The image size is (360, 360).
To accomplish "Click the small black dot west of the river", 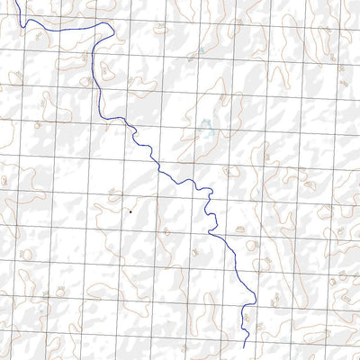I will pos(130,211).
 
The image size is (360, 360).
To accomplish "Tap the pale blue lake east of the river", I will pos(206,130).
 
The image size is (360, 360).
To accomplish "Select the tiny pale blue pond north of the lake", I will pos(201,50).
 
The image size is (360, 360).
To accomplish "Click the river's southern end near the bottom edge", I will pos(246,346).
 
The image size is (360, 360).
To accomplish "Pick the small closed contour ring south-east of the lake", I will pos(230,170).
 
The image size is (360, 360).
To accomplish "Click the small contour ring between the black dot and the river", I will pos(166,231).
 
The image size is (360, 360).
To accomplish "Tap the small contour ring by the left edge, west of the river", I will pos(4,180).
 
